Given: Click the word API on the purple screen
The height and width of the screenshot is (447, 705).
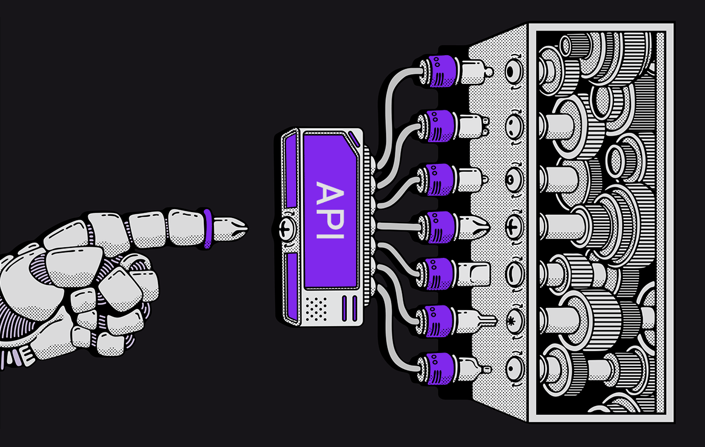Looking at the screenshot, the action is (x=330, y=210).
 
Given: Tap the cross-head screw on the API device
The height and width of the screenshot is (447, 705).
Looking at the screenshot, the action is (x=287, y=227).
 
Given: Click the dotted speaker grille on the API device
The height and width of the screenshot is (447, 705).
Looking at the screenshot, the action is (x=316, y=309).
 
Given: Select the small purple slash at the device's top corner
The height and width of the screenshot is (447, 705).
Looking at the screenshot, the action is (x=354, y=139).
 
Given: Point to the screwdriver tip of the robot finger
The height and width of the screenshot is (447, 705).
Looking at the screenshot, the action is (x=230, y=228).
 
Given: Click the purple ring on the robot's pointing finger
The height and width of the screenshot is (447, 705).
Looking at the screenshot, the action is (x=208, y=228).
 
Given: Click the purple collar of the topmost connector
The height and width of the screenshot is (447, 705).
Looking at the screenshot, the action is (x=442, y=71).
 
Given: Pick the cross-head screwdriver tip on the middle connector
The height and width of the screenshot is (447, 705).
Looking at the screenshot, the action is (x=475, y=227).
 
